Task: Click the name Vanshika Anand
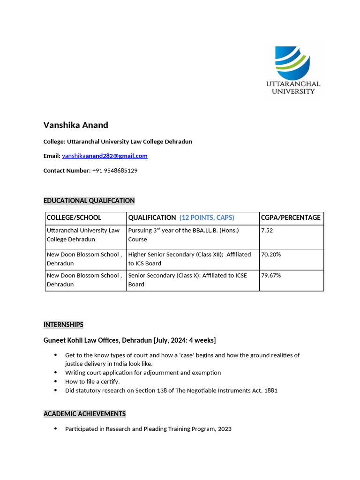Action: (x=75, y=125)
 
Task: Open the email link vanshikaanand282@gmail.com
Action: (x=105, y=156)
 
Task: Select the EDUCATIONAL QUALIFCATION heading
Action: (x=89, y=201)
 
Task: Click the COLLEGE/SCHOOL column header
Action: (x=74, y=217)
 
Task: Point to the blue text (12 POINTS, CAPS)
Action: (x=207, y=217)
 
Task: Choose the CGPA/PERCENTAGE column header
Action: (x=291, y=217)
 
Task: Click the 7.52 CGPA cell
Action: (x=267, y=230)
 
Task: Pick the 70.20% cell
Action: (x=271, y=255)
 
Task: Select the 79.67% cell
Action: (x=271, y=276)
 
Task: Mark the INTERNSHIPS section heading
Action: (x=63, y=324)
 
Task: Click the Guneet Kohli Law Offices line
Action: (x=129, y=340)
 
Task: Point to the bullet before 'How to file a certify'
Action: (x=56, y=382)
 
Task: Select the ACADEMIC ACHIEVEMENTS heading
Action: (x=84, y=414)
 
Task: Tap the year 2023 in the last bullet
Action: (x=225, y=428)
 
